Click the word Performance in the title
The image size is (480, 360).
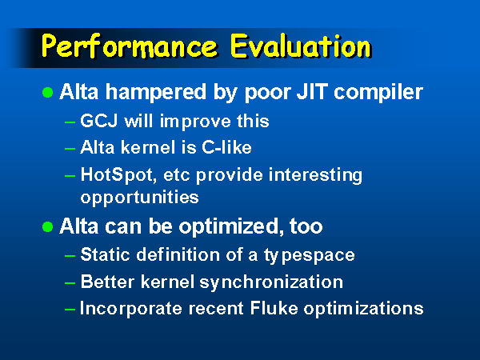coord(129,46)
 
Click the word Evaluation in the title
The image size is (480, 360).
coord(301,46)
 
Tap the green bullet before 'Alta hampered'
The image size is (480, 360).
coord(47,92)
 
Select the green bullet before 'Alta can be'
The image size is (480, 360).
coord(47,227)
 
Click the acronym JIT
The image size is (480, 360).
coord(312,91)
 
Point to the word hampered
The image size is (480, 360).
coord(155,93)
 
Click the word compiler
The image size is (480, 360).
coord(378,93)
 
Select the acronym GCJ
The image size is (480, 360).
coord(99,121)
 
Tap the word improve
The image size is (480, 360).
coord(195,122)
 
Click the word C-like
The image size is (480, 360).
coord(226,147)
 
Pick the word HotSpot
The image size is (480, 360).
coord(118,175)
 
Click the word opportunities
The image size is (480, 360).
coord(139,198)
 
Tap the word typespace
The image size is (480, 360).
coord(309,255)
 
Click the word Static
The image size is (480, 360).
coord(106,254)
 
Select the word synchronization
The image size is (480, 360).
coord(271,282)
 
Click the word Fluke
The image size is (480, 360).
coord(274,308)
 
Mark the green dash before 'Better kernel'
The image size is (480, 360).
coord(70,283)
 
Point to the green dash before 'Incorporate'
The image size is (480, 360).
coord(70,309)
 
